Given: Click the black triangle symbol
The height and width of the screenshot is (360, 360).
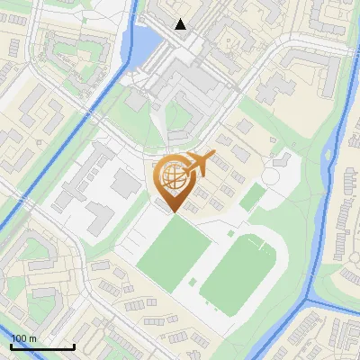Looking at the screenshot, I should coord(181,24).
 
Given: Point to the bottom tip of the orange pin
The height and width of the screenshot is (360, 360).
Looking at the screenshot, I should coord(173,213).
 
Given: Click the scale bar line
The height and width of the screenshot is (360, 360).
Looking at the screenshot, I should coord(42,346).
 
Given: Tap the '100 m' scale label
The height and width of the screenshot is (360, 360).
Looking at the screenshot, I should coord(24,338).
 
